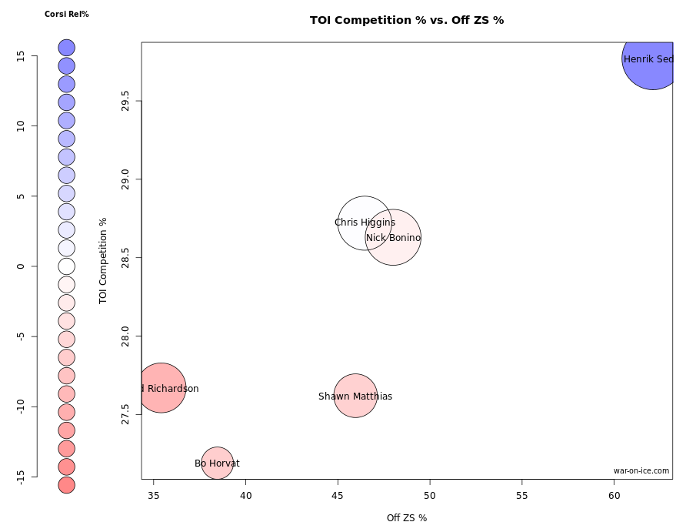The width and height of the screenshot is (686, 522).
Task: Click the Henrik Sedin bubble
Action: [652, 59]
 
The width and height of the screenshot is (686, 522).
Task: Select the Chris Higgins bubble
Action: [365, 223]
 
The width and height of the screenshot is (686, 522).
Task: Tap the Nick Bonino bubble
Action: [393, 237]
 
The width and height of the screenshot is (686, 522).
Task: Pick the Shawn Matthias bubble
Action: [355, 396]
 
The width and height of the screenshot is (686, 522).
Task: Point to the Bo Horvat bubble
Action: [218, 463]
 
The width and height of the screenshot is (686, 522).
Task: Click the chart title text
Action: [407, 20]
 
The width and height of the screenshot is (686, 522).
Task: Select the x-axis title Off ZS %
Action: [407, 517]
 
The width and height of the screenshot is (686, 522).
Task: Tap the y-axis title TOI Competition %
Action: [103, 260]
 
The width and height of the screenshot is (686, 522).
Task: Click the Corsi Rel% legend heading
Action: [67, 14]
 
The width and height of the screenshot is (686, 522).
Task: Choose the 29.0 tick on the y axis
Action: [126, 179]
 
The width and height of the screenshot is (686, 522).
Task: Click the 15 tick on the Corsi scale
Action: [21, 55]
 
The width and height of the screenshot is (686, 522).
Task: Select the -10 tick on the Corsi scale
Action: [21, 406]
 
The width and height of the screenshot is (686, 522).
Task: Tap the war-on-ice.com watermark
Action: [641, 470]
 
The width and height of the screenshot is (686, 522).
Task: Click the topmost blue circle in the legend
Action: [66, 48]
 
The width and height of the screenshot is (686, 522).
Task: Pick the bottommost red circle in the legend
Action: [66, 485]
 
